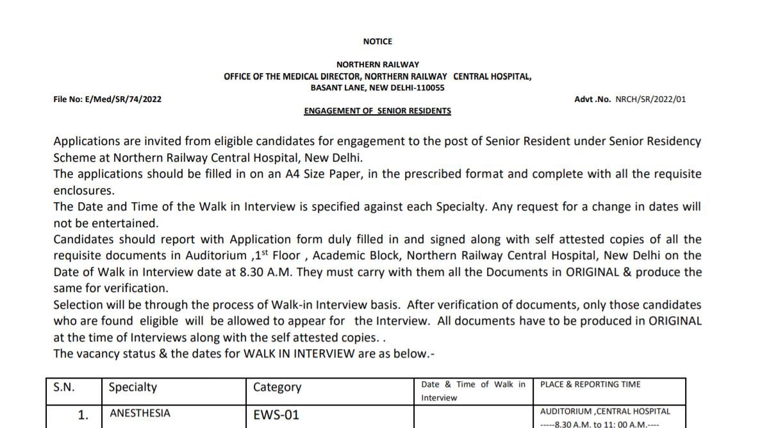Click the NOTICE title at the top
[377, 42]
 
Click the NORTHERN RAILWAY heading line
[377, 65]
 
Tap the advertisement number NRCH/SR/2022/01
[650, 99]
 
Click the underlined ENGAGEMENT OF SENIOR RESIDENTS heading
[377, 111]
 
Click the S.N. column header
[64, 387]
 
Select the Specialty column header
[133, 387]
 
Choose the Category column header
[277, 387]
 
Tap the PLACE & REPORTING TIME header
[590, 384]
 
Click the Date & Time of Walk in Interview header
[473, 391]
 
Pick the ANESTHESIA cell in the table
[140, 413]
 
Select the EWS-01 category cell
[276, 415]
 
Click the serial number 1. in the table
[83, 415]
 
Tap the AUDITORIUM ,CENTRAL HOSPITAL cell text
[605, 411]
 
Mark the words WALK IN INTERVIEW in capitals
[299, 354]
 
